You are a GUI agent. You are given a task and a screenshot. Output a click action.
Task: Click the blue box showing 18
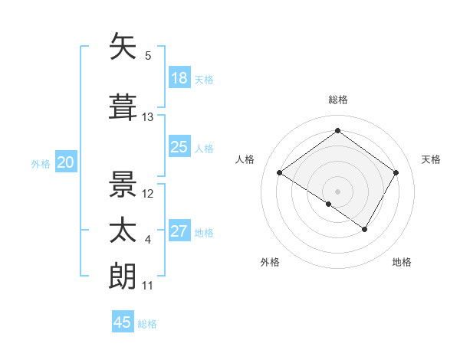pos(179,78)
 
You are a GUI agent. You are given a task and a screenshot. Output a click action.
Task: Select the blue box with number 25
pos(179,147)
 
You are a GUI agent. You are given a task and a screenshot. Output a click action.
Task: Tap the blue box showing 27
pos(179,231)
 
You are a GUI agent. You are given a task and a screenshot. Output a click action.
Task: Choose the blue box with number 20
pos(65,162)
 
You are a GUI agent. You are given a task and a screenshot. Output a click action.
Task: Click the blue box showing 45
pos(123,322)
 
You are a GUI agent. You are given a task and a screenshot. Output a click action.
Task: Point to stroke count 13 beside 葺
pos(148,117)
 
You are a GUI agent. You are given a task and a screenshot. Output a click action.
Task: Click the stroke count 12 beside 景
pos(148,193)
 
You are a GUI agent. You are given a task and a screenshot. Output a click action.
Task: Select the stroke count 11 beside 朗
pos(148,286)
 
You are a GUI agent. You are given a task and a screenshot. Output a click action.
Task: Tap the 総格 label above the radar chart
pos(337,100)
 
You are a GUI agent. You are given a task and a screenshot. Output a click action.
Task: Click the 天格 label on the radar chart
pos(431,159)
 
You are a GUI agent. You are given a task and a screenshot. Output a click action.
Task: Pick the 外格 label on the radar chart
pos(270,262)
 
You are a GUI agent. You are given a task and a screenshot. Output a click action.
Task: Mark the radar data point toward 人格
pos(280,173)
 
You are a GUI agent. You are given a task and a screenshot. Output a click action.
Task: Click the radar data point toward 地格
pos(365,229)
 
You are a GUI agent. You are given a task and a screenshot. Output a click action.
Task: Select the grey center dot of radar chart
pos(337,191)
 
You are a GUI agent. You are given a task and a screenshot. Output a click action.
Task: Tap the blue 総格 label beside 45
pos(147,324)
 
